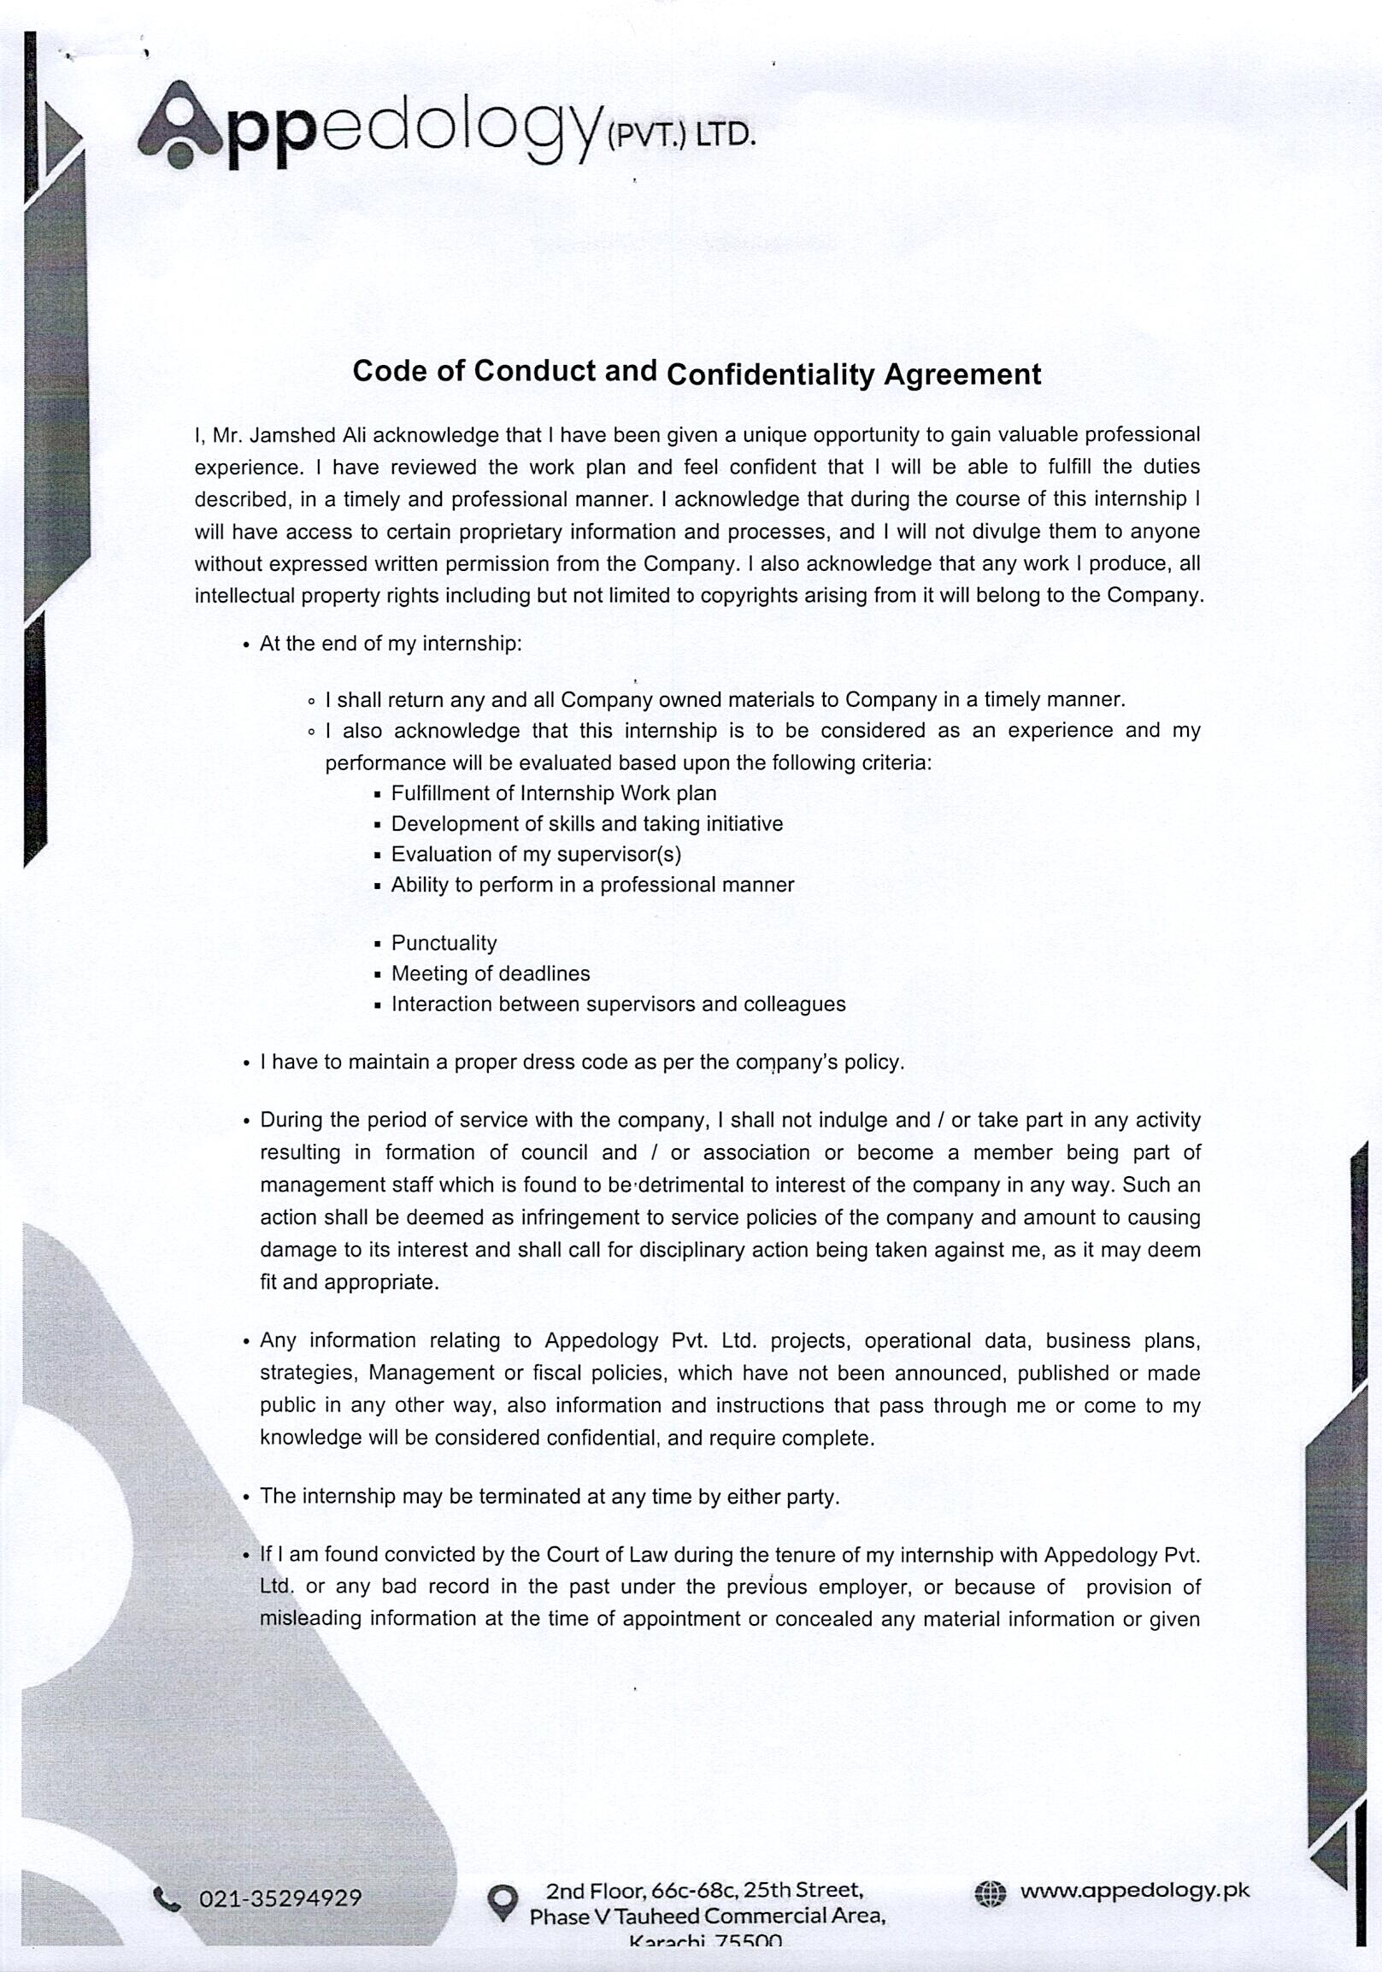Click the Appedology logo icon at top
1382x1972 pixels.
pyautogui.click(x=179, y=124)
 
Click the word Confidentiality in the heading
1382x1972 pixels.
pyautogui.click(x=769, y=374)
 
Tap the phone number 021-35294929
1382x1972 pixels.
pyautogui.click(x=280, y=1898)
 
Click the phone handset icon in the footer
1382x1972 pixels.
pyautogui.click(x=167, y=1898)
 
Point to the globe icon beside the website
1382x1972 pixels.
pyautogui.click(x=990, y=1893)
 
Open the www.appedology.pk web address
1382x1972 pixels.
pyautogui.click(x=1135, y=1890)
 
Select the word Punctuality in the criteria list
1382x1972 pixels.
pyautogui.click(x=444, y=943)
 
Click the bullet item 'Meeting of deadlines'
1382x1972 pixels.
pyautogui.click(x=491, y=973)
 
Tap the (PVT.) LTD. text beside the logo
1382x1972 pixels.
pyautogui.click(x=681, y=136)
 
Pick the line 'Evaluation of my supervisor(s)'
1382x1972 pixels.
pyautogui.click(x=536, y=854)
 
